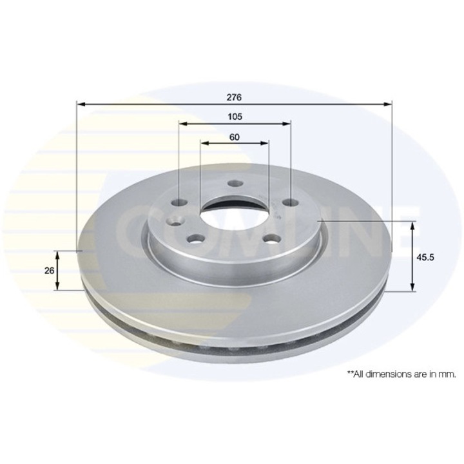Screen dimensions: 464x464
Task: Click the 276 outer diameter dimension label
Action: [234, 97]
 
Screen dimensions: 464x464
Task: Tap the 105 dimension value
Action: [235, 117]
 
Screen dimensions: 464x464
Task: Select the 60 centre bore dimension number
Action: [234, 137]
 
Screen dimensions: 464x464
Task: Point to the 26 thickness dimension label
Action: [49, 271]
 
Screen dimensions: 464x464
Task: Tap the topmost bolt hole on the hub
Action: [234, 184]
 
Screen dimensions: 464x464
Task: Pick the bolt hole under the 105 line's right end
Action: [291, 203]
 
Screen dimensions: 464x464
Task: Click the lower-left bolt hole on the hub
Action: [193, 239]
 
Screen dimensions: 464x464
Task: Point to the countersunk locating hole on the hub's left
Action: [173, 223]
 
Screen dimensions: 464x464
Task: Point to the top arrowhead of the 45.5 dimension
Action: [412, 224]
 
